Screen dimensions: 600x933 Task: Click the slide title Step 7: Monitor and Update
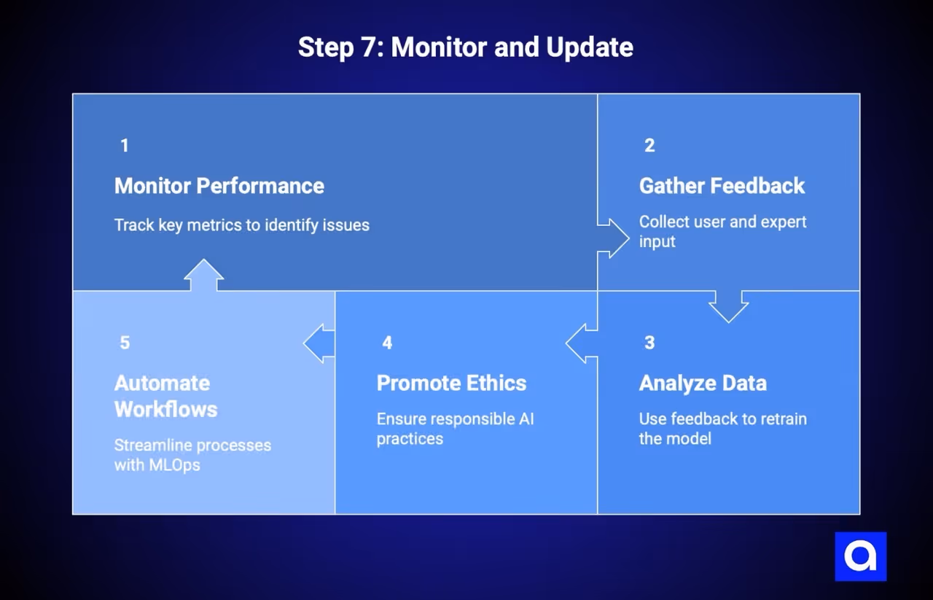(465, 47)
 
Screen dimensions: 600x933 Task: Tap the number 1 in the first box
(125, 146)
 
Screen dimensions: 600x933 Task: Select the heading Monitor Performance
(219, 186)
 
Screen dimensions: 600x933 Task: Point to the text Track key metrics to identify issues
(241, 225)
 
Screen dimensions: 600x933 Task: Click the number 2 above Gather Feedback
(649, 146)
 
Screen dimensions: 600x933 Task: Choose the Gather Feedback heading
(722, 186)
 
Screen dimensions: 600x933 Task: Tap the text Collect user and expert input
(722, 231)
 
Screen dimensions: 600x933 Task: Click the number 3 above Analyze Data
(649, 343)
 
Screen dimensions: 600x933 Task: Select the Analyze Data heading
(703, 383)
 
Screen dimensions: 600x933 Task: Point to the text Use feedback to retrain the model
(722, 429)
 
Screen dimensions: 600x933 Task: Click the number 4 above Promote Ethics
(387, 343)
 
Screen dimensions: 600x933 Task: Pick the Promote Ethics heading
(451, 383)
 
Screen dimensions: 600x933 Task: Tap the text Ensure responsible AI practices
(455, 429)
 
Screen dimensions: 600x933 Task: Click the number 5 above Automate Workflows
(125, 343)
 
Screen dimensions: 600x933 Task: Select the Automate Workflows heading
(165, 396)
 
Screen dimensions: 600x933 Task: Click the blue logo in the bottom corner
(860, 556)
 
